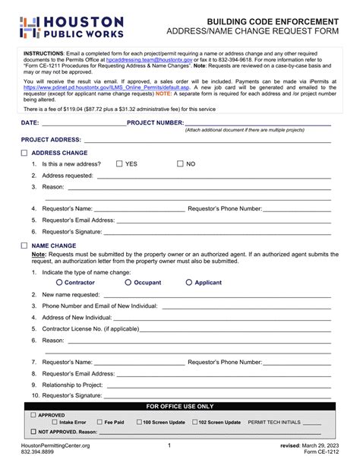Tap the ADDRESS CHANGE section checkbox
click(x=24, y=153)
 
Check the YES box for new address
click(x=119, y=163)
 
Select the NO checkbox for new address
click(x=180, y=163)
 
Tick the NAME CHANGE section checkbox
click(x=24, y=246)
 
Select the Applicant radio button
click(x=189, y=282)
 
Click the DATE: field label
click(x=30, y=122)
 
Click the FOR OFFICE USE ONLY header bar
click(x=180, y=406)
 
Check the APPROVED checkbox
click(x=33, y=415)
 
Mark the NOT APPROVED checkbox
click(x=33, y=431)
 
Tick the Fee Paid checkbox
click(x=99, y=422)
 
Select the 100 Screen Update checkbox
click(x=139, y=422)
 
